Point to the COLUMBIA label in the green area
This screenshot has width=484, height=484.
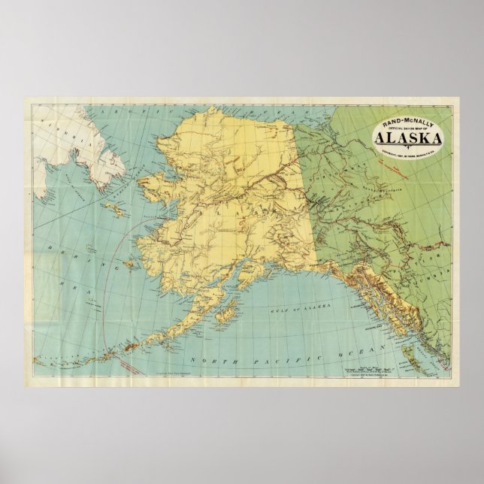tap(443, 274)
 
